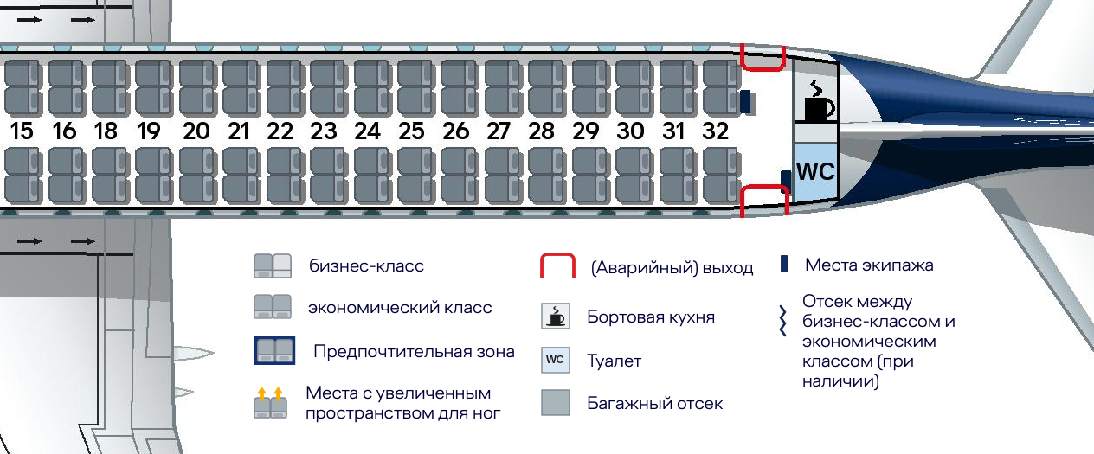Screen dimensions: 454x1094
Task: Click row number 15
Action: coord(22,132)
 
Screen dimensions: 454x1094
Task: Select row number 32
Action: coord(716,132)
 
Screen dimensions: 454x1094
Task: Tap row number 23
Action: coord(323,132)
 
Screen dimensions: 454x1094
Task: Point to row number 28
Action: coord(541,132)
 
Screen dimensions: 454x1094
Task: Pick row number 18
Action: coord(106,132)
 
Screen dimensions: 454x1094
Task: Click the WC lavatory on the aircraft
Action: coord(815,171)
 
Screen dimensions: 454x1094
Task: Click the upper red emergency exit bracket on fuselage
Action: coord(763,59)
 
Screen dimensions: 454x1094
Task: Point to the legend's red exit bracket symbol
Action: coord(558,267)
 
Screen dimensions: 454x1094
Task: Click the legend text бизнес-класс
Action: coord(366,266)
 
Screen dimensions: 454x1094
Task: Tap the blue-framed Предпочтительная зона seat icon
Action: coord(274,351)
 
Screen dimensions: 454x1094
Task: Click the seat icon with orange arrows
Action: coord(270,403)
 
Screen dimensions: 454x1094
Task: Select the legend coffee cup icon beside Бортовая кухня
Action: coord(556,317)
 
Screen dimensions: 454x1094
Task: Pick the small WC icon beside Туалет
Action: coord(556,360)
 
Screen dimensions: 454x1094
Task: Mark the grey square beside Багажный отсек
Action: coord(556,403)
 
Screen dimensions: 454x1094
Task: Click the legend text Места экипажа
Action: coord(869,265)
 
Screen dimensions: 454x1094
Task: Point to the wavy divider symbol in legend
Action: coord(782,322)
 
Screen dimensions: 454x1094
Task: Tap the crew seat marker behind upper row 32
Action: coord(744,102)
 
